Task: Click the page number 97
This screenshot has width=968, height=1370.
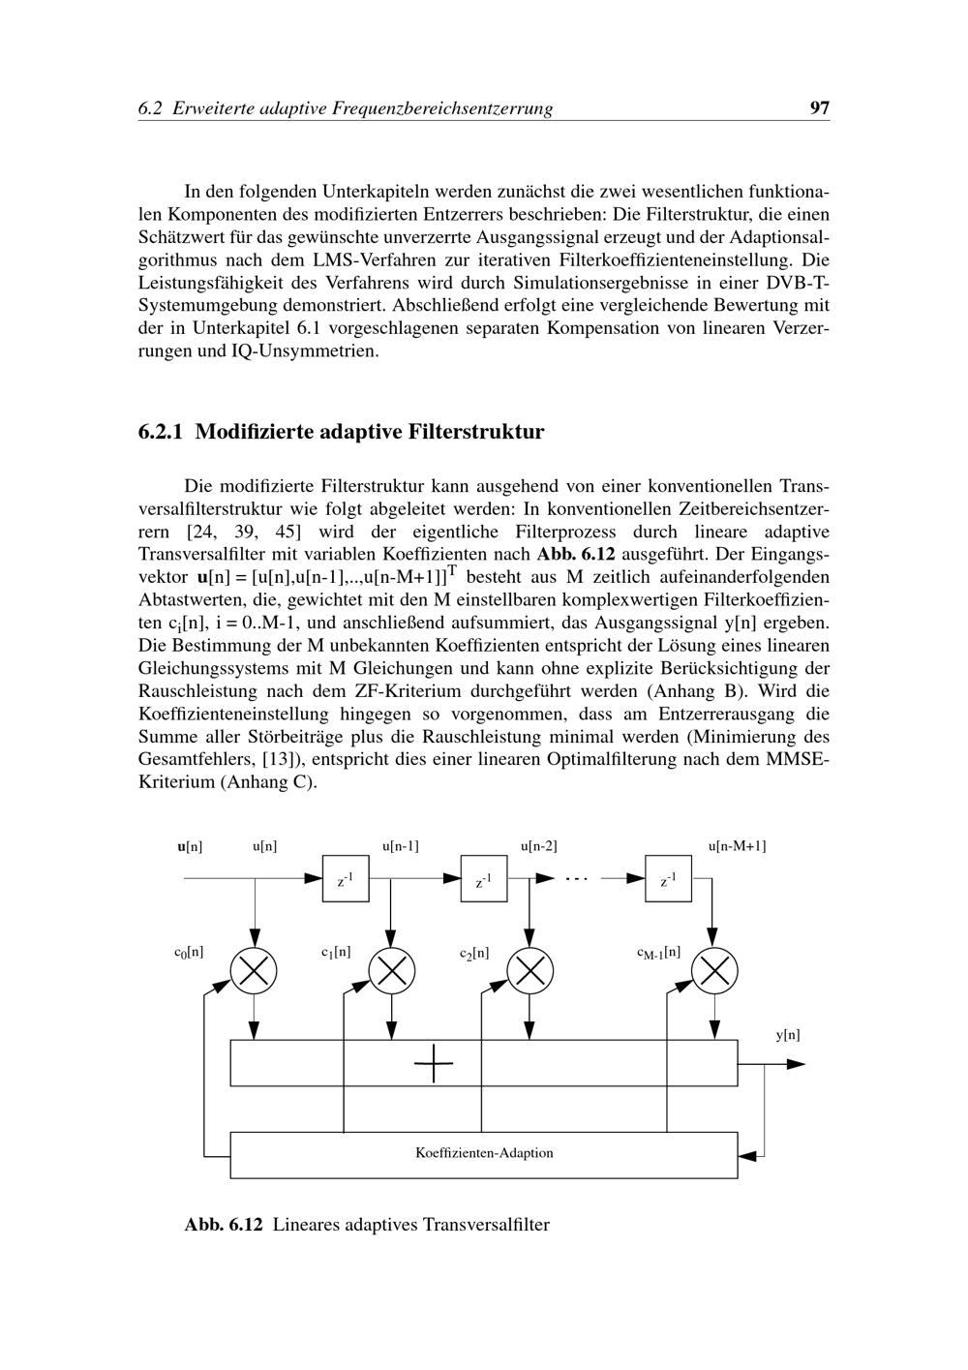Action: click(819, 108)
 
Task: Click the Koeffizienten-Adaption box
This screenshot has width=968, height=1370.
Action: click(484, 1153)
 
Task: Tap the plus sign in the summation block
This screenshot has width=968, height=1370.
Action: click(434, 1065)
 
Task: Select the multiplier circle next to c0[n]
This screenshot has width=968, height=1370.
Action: click(254, 970)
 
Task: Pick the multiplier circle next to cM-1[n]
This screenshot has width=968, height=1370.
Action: click(714, 970)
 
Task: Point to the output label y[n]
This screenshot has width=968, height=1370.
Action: click(788, 1035)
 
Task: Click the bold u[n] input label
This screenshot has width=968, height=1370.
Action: click(190, 846)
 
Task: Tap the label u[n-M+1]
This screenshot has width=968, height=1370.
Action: click(737, 846)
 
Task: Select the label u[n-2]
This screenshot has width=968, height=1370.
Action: click(538, 846)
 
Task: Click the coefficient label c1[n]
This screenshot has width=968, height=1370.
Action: click(336, 952)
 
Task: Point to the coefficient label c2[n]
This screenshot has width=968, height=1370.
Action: click(474, 954)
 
